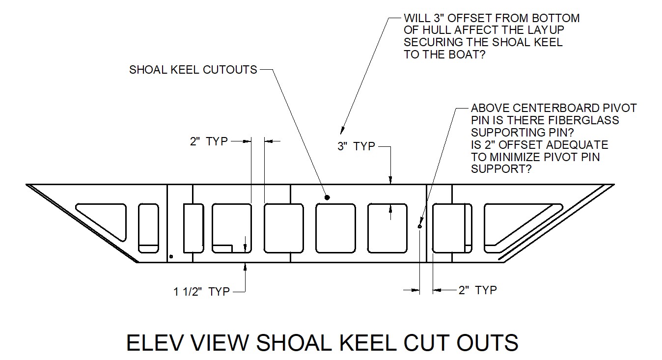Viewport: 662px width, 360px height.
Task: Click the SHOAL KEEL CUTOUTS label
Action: pyautogui.click(x=193, y=70)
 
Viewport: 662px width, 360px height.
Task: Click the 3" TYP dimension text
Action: pyautogui.click(x=356, y=146)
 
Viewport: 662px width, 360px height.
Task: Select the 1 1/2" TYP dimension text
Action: pyautogui.click(x=201, y=292)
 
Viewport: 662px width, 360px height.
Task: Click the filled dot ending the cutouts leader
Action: pyautogui.click(x=327, y=197)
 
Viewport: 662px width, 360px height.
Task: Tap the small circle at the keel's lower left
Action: pyautogui.click(x=171, y=256)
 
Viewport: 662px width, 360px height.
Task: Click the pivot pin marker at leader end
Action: pyautogui.click(x=419, y=226)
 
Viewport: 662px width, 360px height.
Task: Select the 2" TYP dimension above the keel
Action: pyautogui.click(x=209, y=141)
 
